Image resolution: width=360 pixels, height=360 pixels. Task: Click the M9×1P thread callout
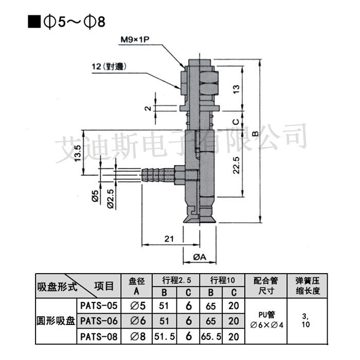[135, 40]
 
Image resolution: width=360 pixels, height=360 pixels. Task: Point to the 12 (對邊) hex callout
[109, 66]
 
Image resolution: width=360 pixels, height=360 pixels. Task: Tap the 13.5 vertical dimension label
[78, 153]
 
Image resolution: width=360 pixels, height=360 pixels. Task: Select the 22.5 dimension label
[236, 165]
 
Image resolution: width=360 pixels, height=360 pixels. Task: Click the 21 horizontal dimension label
[169, 239]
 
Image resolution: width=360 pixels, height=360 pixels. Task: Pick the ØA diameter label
[200, 257]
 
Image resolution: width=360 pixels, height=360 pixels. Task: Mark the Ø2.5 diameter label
[111, 199]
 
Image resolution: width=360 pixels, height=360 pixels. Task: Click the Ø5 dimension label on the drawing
[95, 196]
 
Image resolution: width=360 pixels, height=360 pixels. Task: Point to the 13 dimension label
[236, 89]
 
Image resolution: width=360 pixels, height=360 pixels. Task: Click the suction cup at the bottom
[200, 214]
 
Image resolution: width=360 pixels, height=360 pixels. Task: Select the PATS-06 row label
[99, 321]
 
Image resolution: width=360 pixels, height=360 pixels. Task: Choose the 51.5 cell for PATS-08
[165, 336]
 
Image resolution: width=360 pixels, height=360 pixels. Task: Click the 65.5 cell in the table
[211, 336]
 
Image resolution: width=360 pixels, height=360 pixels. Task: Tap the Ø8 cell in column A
[138, 336]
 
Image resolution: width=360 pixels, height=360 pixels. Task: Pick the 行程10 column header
[223, 280]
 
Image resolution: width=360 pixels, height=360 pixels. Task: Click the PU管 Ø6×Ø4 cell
[266, 320]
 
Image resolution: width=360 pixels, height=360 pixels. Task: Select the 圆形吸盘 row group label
[56, 321]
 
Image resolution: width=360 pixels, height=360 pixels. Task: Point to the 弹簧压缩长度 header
[308, 285]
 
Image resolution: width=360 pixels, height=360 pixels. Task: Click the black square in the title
[34, 22]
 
